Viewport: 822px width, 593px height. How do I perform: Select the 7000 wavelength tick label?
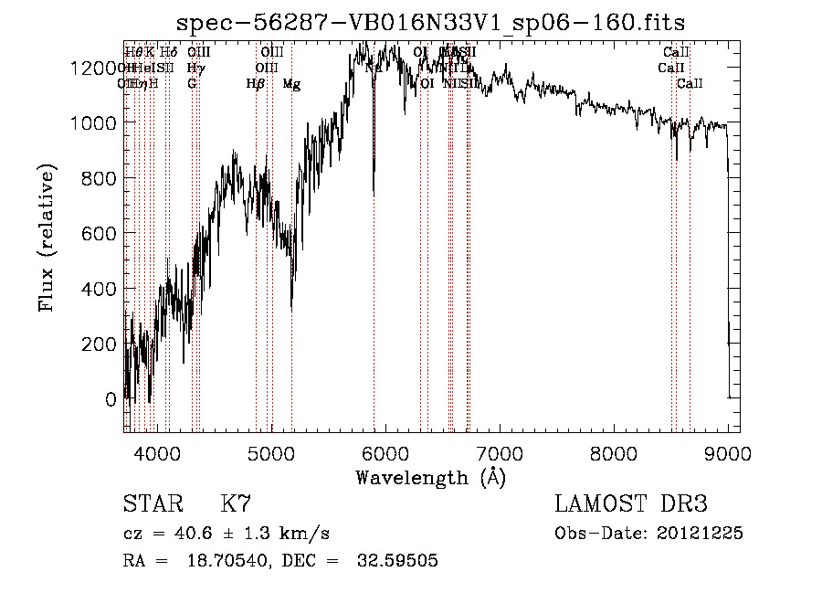point(500,451)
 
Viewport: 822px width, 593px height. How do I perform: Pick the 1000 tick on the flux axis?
point(94,123)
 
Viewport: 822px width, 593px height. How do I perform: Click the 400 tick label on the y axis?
point(100,289)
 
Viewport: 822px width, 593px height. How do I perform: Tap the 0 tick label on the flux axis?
point(111,399)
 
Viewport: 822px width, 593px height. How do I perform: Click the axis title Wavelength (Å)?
point(430,477)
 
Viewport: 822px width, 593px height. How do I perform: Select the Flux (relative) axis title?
point(47,237)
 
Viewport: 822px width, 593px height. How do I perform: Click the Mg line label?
point(291,84)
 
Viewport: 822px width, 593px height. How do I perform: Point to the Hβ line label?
point(256,84)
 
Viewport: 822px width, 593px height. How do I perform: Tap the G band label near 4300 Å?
point(192,84)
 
